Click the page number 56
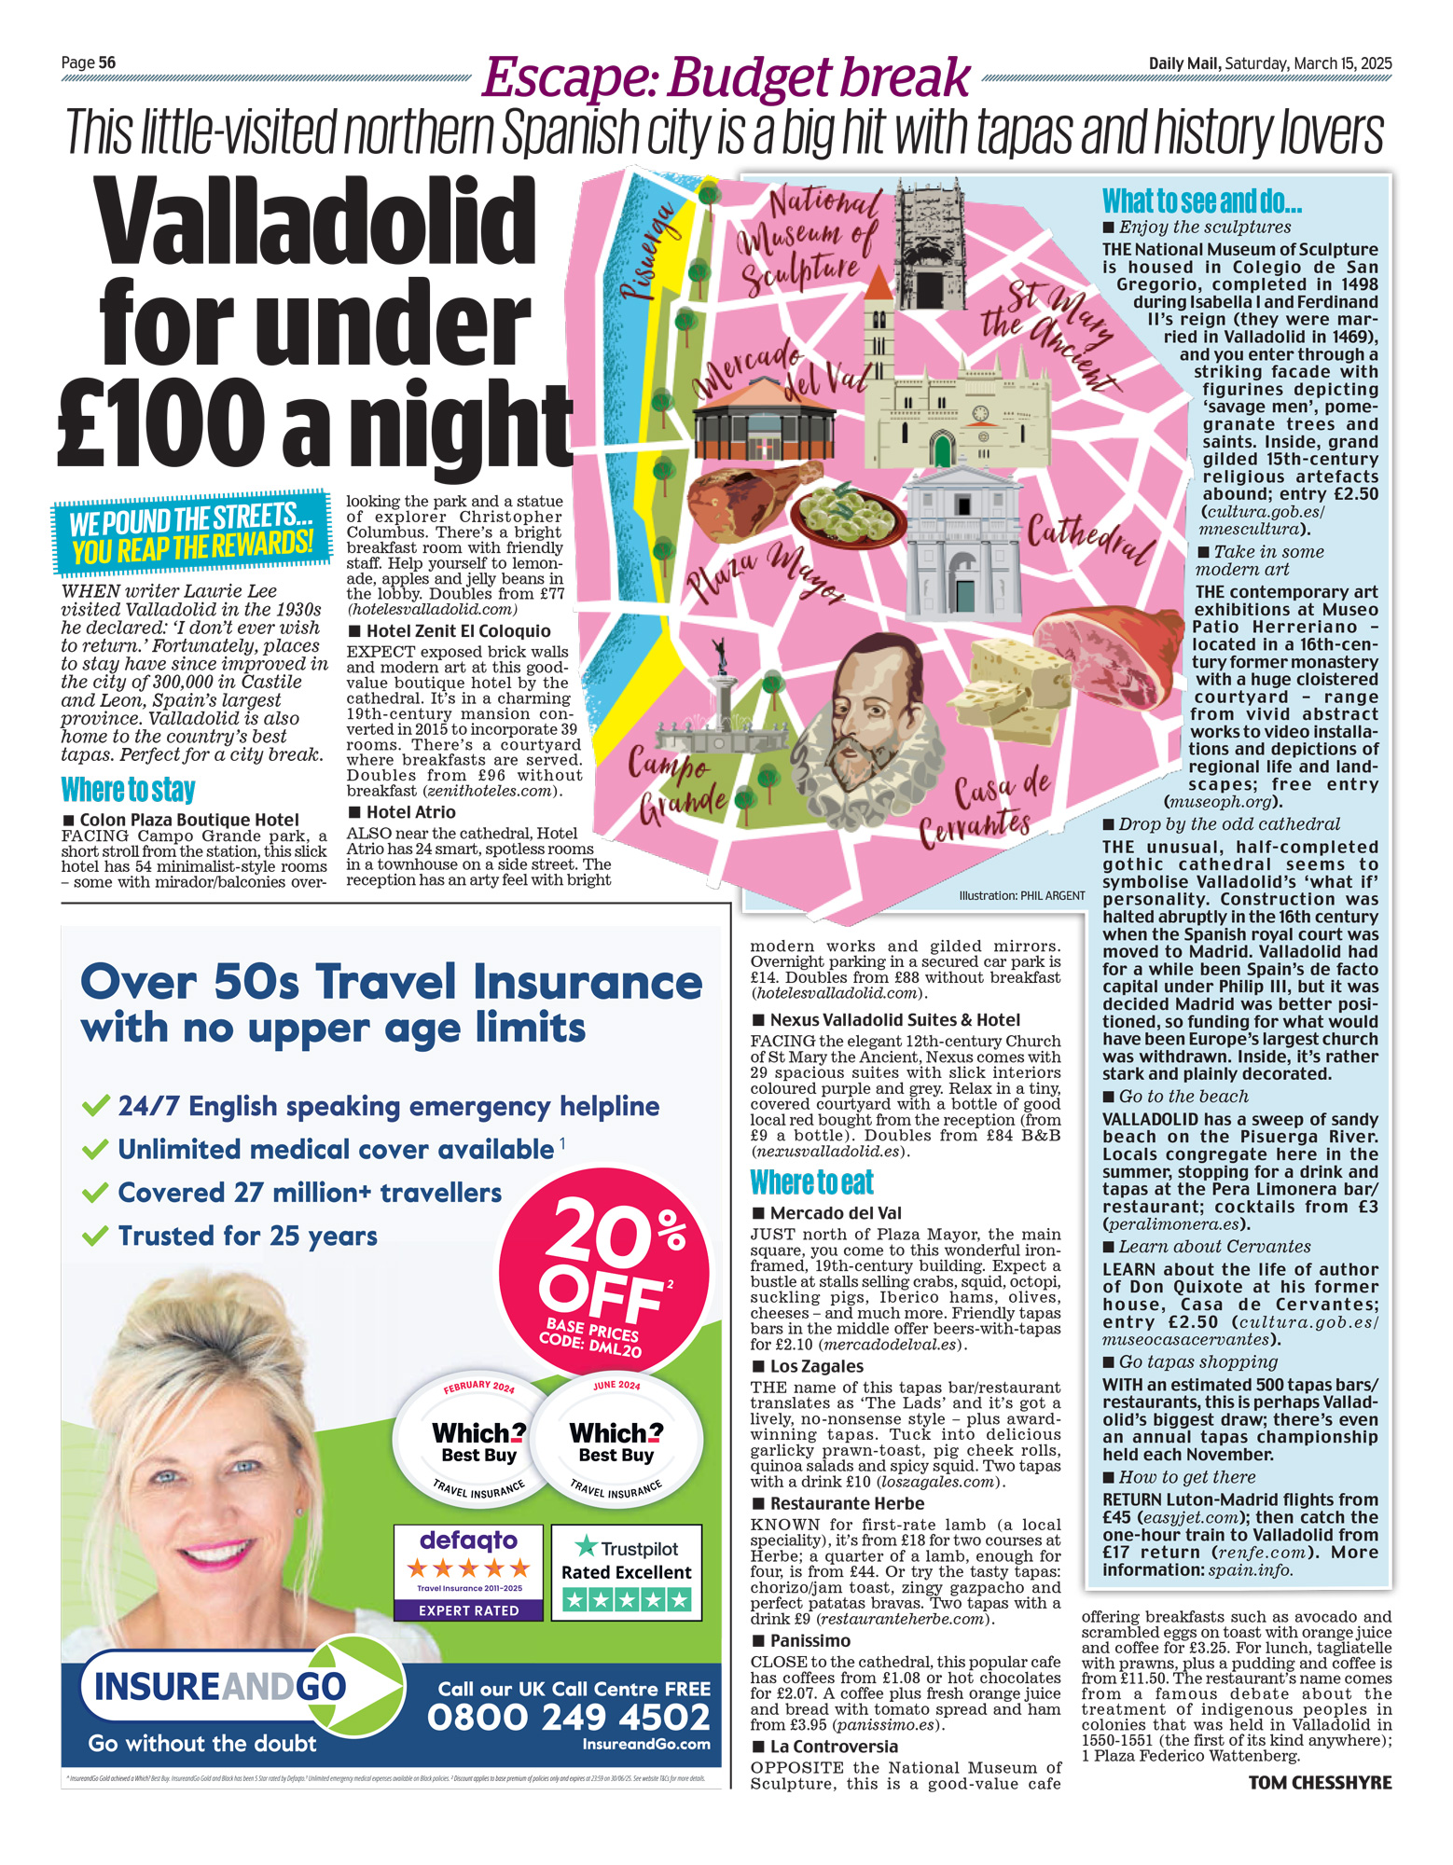click(x=106, y=62)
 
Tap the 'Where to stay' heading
click(x=128, y=790)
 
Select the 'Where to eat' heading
click(x=811, y=1182)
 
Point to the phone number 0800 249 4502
click(x=569, y=1717)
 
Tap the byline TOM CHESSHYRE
click(x=1320, y=1783)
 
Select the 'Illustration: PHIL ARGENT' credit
click(x=1021, y=895)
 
